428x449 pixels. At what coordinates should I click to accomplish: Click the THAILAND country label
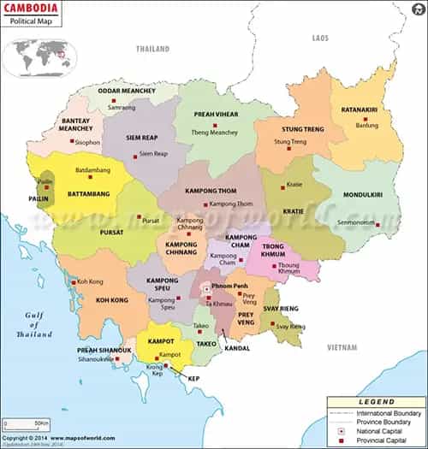coord(152,49)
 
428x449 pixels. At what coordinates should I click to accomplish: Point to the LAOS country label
coord(320,38)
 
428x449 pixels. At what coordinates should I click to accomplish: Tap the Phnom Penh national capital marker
coord(206,289)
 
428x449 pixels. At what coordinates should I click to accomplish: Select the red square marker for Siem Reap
coord(134,155)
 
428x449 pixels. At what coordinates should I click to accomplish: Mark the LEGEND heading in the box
coord(376,401)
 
